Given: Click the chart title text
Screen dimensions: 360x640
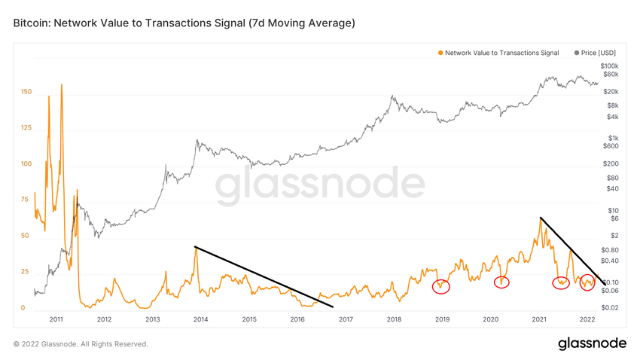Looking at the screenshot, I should click(x=184, y=24).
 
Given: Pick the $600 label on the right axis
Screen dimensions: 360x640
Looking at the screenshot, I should click(x=611, y=147).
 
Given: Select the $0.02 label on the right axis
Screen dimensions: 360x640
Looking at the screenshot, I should click(x=611, y=308).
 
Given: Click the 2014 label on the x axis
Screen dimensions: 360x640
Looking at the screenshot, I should click(x=201, y=319).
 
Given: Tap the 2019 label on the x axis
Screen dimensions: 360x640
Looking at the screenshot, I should click(x=443, y=319).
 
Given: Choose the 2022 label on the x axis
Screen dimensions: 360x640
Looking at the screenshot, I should click(x=588, y=319).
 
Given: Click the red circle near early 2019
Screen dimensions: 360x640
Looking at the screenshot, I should click(x=441, y=286).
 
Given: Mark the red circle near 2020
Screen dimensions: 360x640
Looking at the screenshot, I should click(x=501, y=282).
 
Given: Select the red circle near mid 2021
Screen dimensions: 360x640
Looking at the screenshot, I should click(x=561, y=283).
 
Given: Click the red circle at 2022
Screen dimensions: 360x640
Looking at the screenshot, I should click(x=588, y=283).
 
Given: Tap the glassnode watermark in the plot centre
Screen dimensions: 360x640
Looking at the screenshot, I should click(x=321, y=187).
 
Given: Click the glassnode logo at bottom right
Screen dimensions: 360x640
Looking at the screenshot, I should click(x=592, y=343).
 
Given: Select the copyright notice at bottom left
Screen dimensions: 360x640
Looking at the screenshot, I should click(x=81, y=344).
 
